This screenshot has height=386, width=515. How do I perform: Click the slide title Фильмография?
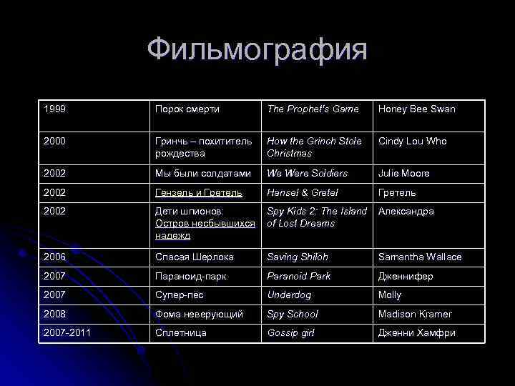pyautogui.click(x=257, y=51)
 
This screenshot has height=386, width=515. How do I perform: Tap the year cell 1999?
pyautogui.click(x=55, y=109)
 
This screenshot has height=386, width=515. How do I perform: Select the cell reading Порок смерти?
pyautogui.click(x=188, y=109)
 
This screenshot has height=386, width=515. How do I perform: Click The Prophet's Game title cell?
pyautogui.click(x=313, y=109)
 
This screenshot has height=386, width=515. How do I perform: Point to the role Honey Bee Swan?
pyautogui.click(x=416, y=109)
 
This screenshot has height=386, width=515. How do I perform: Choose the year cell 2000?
pyautogui.click(x=55, y=142)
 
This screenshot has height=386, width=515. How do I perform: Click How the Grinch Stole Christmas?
pyautogui.click(x=315, y=147)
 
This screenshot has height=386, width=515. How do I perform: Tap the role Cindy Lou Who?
pyautogui.click(x=413, y=142)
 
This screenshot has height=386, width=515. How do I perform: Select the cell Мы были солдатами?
pyautogui.click(x=203, y=174)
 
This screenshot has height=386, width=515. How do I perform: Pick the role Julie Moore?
pyautogui.click(x=404, y=174)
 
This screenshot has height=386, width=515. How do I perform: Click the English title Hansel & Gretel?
pyautogui.click(x=303, y=193)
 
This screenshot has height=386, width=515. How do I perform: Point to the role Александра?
pyautogui.click(x=406, y=212)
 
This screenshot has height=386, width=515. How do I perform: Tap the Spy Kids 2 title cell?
pyautogui.click(x=317, y=217)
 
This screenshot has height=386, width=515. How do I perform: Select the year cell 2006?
pyautogui.click(x=55, y=257)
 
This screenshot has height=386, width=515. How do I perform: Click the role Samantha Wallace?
pyautogui.click(x=420, y=257)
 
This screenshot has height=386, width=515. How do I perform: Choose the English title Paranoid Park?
pyautogui.click(x=299, y=277)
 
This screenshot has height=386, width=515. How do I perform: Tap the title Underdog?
pyautogui.click(x=289, y=295)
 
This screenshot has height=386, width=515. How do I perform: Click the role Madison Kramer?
pyautogui.click(x=415, y=315)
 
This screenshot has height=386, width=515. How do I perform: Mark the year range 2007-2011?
pyautogui.click(x=68, y=333)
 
